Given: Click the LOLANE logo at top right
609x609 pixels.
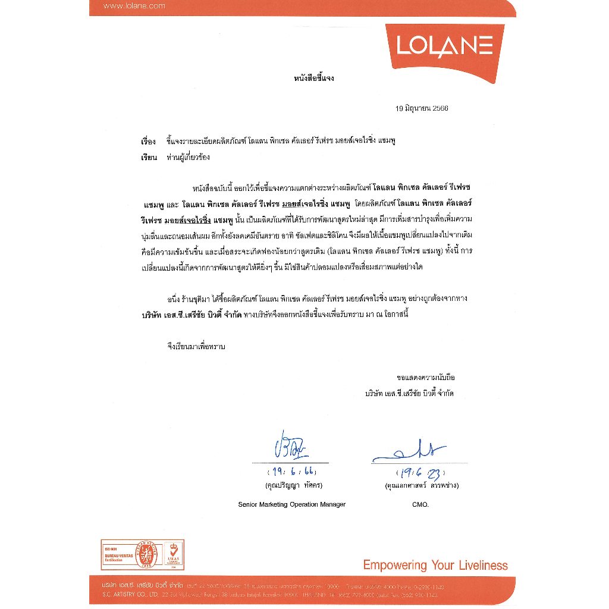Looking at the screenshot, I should click(444, 45).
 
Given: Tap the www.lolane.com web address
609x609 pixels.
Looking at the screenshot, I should click(134, 6).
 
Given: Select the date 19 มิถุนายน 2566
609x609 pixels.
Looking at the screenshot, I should click(422, 109).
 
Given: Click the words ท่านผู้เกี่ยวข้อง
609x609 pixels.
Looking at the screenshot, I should click(189, 158).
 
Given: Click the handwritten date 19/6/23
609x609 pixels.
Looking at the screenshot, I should click(422, 473).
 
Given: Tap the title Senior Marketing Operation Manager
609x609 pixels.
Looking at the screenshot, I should click(291, 504).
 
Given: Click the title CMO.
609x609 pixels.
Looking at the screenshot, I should click(420, 504).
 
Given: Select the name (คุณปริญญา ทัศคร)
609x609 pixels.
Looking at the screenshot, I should click(294, 485).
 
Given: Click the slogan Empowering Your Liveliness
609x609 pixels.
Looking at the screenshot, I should click(435, 565).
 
